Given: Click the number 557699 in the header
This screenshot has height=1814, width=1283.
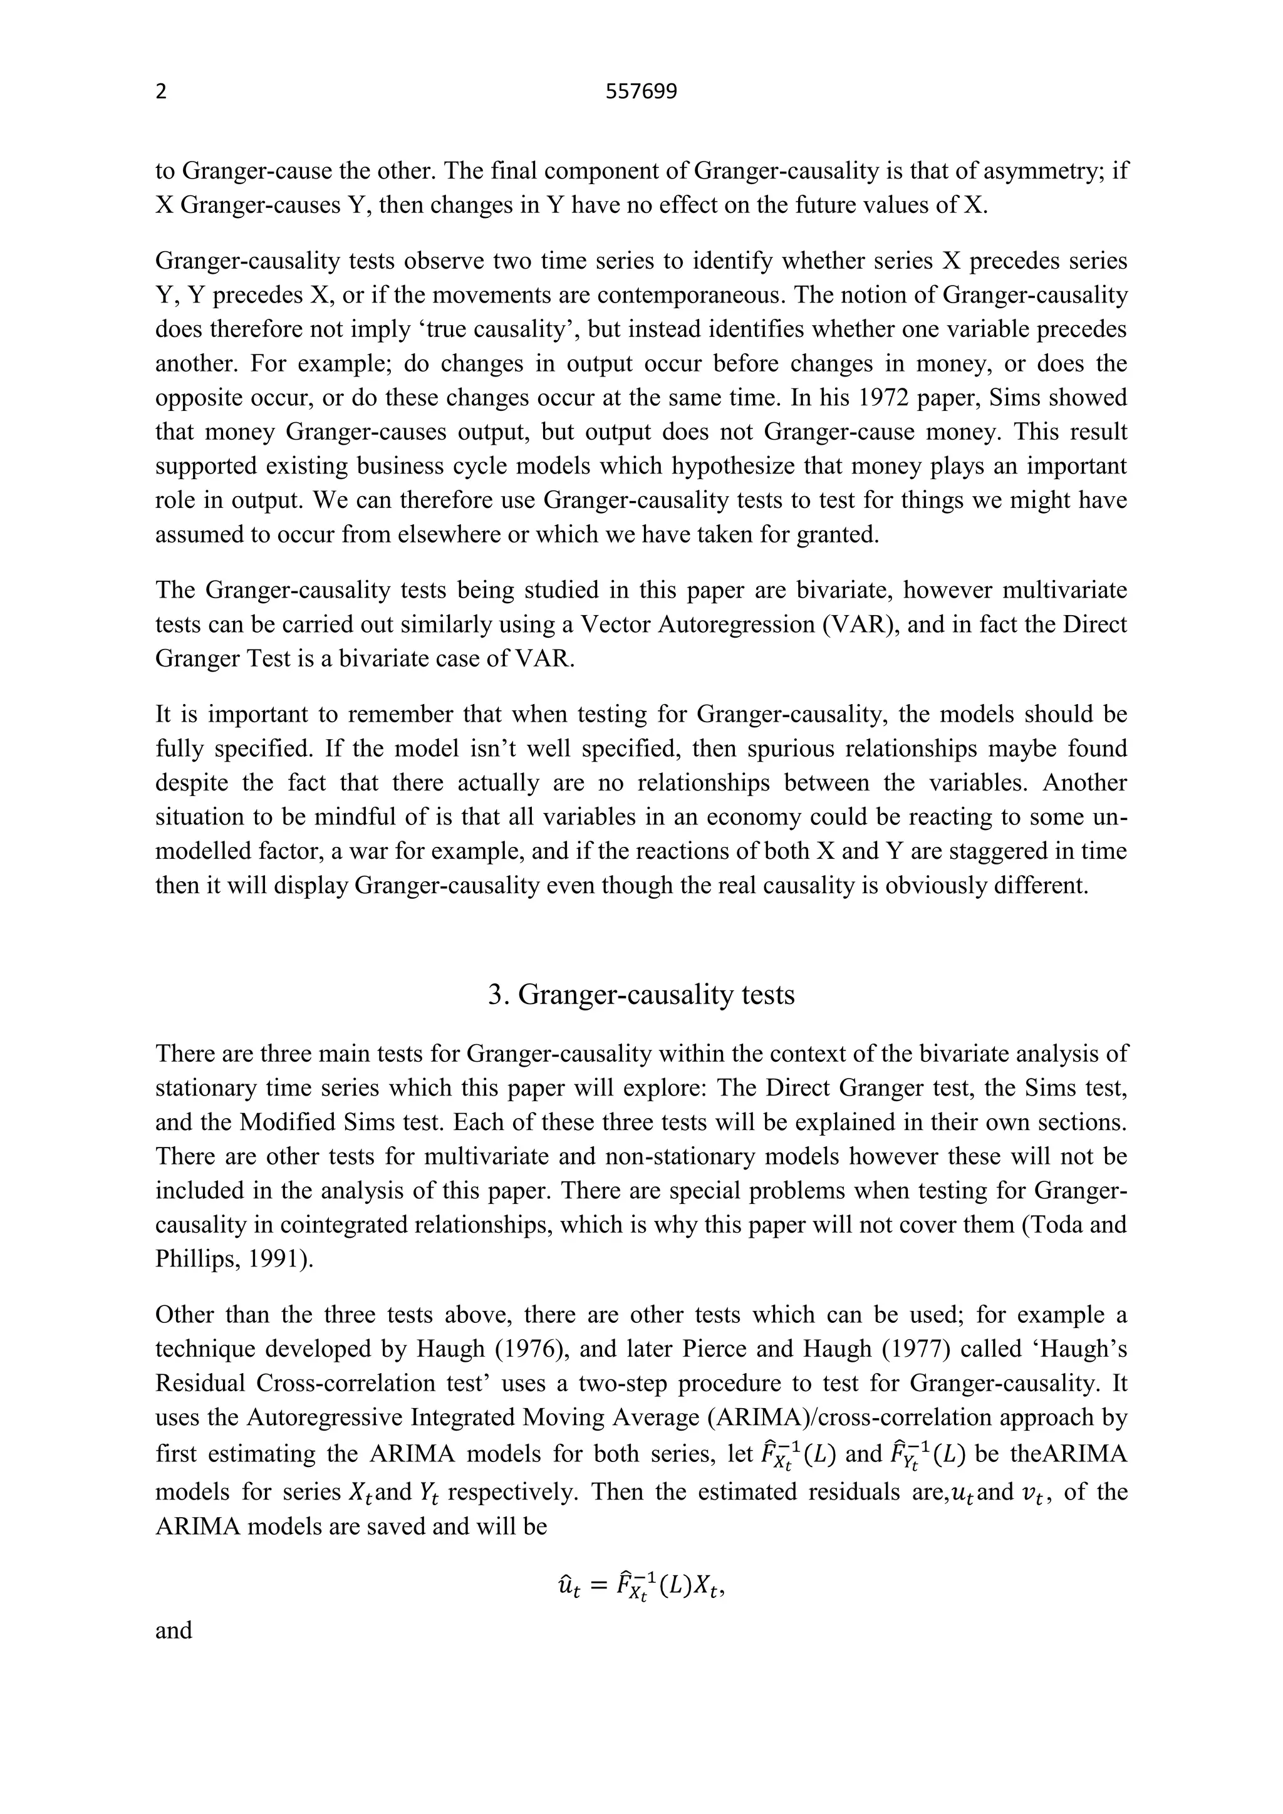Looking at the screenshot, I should click(x=641, y=93).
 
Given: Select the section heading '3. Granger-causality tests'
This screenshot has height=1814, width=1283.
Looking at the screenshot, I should click(x=641, y=994).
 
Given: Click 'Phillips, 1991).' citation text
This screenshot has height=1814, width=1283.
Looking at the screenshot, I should click(x=234, y=1258).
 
